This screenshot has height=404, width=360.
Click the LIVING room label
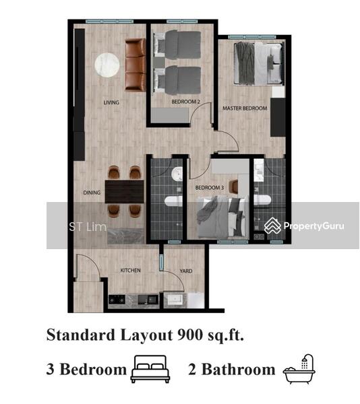coord(111,102)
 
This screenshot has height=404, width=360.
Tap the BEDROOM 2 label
coord(185,102)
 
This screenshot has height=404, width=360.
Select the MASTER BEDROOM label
coord(245,108)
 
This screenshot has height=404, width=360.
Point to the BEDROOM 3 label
coord(210,188)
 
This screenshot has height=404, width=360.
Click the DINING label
coord(92,193)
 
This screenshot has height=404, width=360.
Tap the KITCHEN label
coord(131,270)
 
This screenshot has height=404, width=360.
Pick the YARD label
coord(186,271)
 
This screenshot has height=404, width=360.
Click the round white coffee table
coord(107,65)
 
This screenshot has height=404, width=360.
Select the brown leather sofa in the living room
coord(136,65)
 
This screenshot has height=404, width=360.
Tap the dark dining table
coord(124,192)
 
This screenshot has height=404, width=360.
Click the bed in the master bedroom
coord(259,63)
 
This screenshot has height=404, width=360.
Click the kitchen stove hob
coord(117,300)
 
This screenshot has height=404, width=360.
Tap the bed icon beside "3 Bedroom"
coord(150,369)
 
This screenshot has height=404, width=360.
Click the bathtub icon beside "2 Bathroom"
coord(299,369)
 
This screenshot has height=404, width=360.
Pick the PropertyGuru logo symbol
coord(272,226)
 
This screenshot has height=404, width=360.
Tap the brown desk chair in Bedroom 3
coord(235,186)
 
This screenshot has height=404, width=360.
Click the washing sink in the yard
coord(175,300)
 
